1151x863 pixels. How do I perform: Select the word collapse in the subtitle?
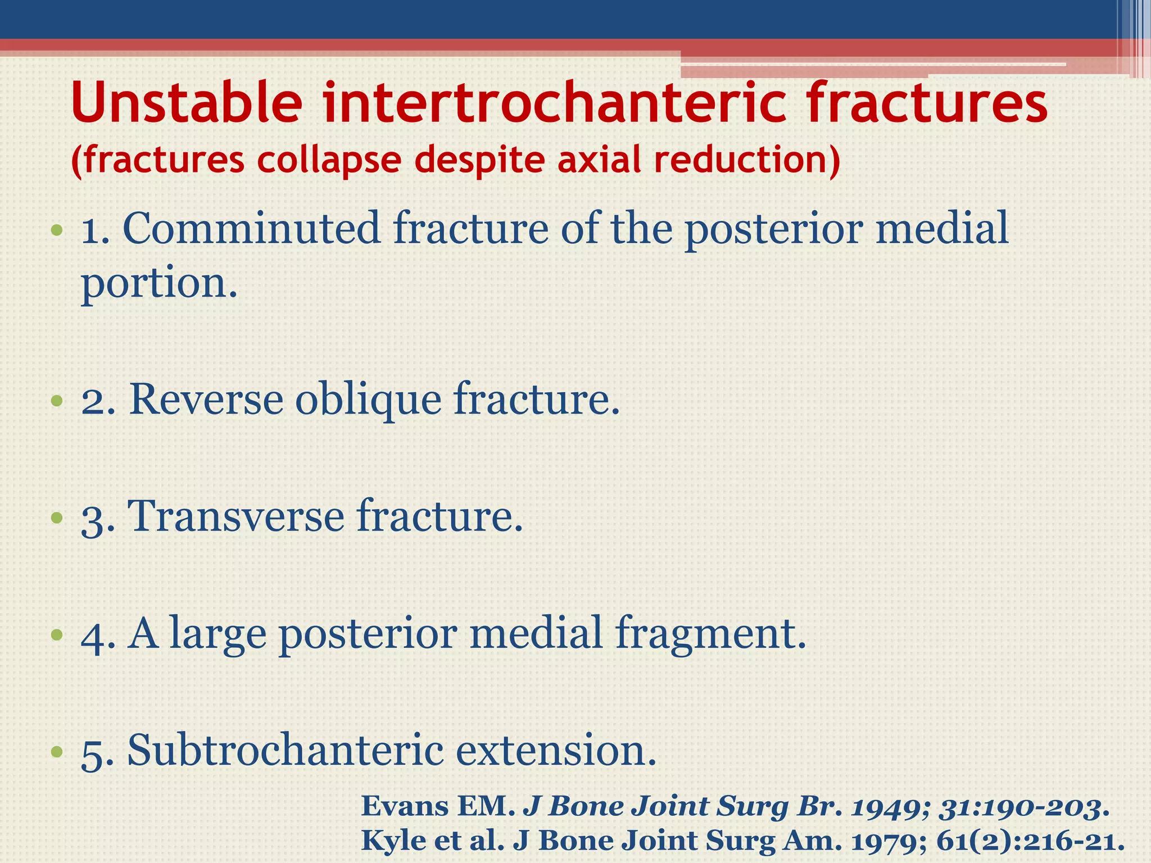point(329,160)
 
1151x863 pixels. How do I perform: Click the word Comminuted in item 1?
point(251,229)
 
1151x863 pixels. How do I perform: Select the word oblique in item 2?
point(368,400)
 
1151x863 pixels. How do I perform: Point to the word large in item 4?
point(218,634)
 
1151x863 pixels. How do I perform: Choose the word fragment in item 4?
point(709,634)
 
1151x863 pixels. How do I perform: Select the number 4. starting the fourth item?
point(98,635)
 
